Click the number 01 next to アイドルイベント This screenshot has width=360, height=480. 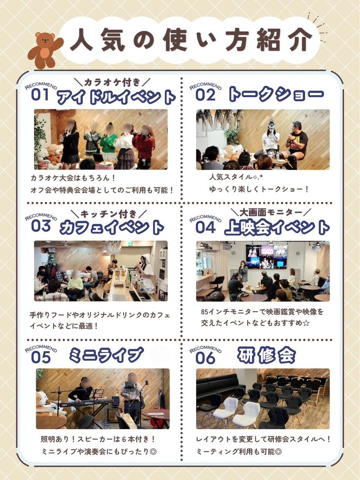tap(40, 94)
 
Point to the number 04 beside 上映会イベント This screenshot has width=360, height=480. tap(205, 227)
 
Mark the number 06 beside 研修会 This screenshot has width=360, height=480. tap(205, 357)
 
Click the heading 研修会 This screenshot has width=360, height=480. tap(267, 355)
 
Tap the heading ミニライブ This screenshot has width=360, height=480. tap(106, 355)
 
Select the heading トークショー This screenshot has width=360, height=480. tap(276, 95)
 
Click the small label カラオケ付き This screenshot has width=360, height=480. tap(112, 82)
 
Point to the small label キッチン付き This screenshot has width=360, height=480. tap(109, 213)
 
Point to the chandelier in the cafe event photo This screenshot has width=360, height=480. tap(112, 248)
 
